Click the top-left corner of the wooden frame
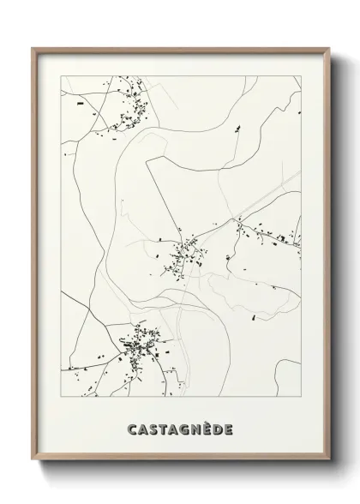point(33,47)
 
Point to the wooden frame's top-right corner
point(329,47)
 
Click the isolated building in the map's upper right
point(238,129)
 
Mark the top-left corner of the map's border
point(61,75)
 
